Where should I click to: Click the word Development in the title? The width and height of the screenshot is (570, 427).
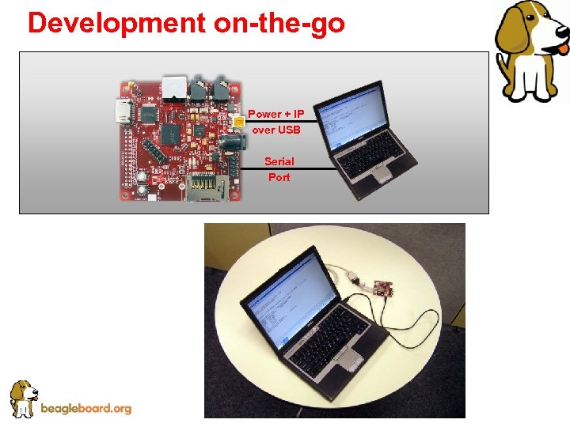tap(116, 23)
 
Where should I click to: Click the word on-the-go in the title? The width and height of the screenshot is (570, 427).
tap(279, 23)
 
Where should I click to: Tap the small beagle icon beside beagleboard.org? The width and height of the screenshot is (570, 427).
tap(23, 399)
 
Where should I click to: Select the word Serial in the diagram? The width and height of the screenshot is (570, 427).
tap(279, 161)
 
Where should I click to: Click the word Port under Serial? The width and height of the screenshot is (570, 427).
tap(279, 177)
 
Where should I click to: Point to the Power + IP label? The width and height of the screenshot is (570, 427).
tap(275, 114)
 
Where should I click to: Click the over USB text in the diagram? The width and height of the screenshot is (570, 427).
tap(275, 130)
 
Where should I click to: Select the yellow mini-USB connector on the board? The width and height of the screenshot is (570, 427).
tap(238, 121)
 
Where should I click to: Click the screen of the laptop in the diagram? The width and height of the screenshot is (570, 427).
tap(352, 117)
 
